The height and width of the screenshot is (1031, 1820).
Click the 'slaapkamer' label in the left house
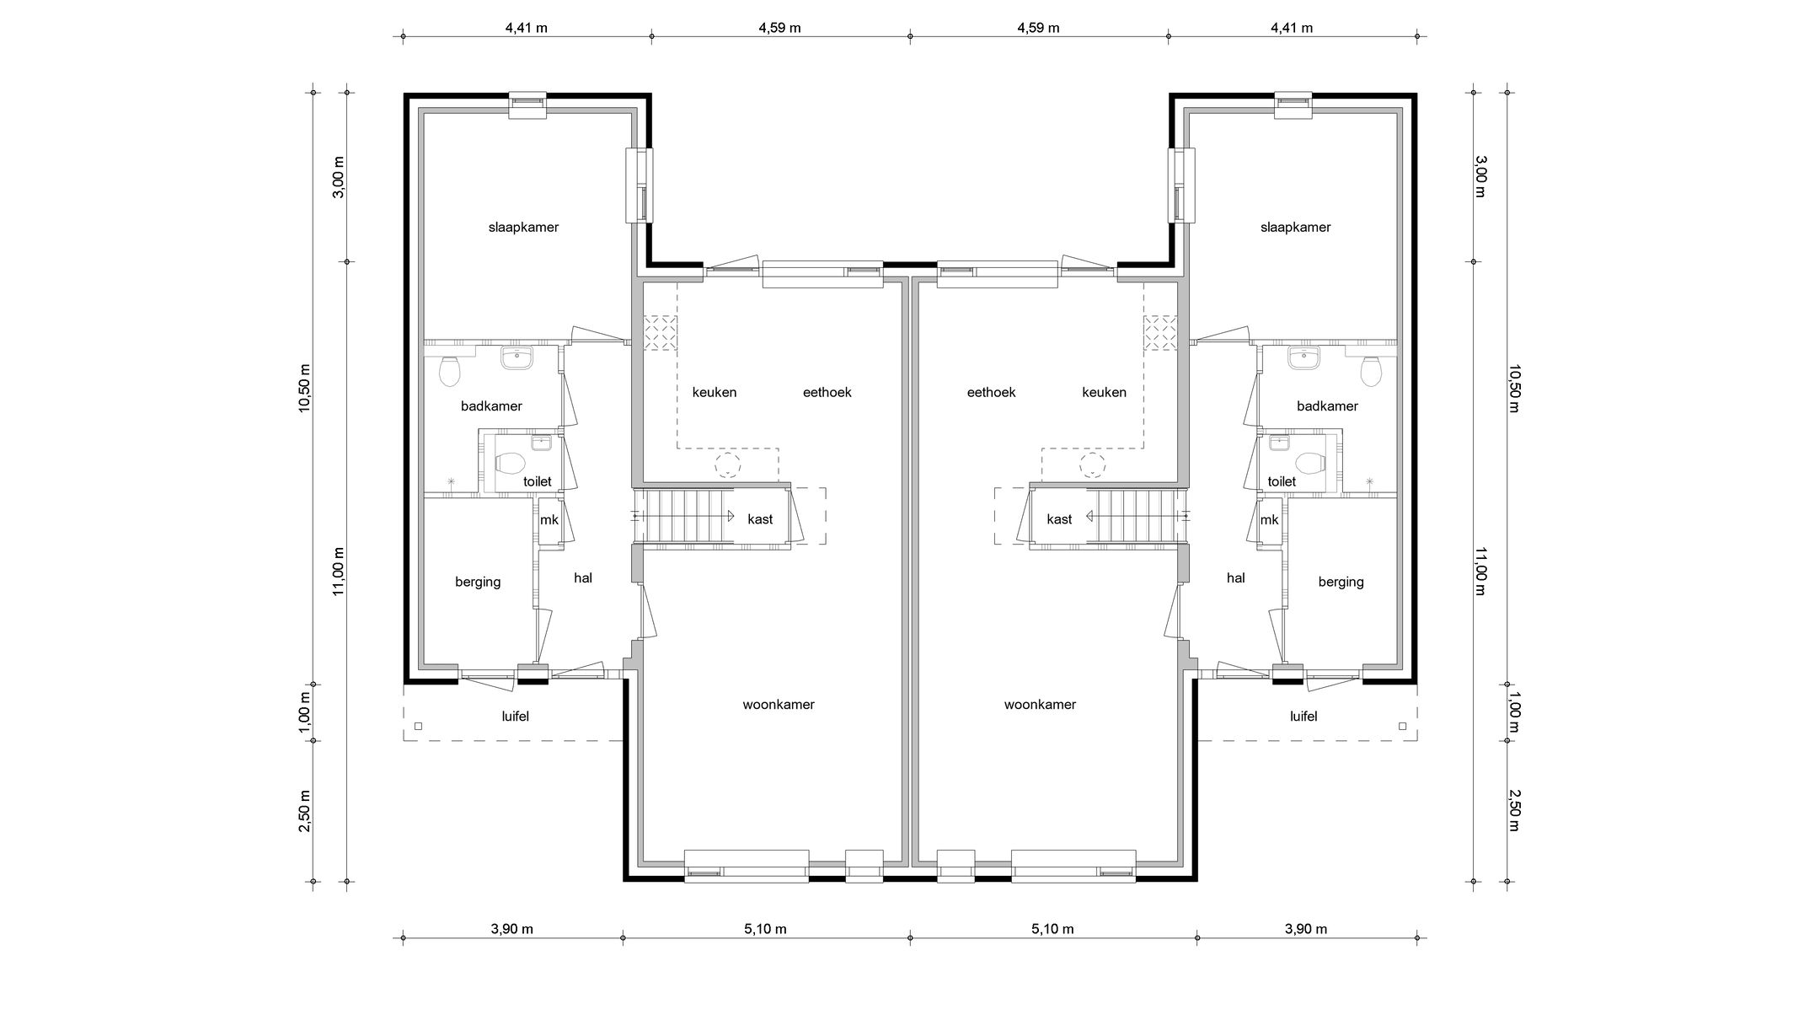point(523,228)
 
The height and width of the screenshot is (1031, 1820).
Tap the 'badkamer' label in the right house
point(1327,406)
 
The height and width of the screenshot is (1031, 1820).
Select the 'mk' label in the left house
point(549,520)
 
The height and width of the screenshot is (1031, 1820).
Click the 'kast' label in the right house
point(1059,519)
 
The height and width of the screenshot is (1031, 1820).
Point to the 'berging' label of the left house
point(478,582)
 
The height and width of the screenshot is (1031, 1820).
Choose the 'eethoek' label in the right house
point(991,392)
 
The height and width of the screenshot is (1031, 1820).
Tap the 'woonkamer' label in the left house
point(778,705)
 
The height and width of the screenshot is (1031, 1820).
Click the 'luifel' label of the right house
point(1303,717)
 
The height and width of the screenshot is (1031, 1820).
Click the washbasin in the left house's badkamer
point(516,358)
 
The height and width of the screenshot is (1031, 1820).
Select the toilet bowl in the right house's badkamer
point(1372,370)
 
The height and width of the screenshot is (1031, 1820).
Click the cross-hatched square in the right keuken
point(1159,332)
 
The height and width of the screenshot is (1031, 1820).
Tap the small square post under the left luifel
point(419,726)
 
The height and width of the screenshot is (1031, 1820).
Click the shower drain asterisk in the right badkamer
point(1369,482)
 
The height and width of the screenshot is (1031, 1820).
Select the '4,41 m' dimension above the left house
point(526,28)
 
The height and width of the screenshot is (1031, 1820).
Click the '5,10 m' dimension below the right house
point(1052,930)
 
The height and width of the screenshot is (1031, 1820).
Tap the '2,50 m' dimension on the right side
point(1514,810)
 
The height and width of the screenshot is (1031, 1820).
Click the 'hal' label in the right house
point(1235,578)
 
